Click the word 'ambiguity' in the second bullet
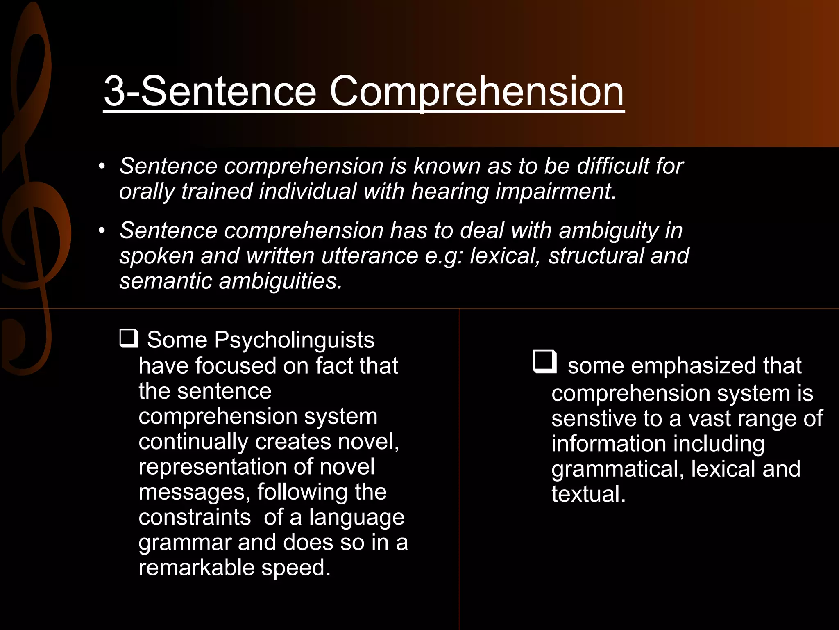click(x=608, y=231)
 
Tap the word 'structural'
click(x=596, y=256)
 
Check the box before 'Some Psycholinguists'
click(x=128, y=338)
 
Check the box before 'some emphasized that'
click(x=545, y=362)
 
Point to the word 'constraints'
click(x=195, y=517)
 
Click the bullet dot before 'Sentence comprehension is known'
click(x=102, y=167)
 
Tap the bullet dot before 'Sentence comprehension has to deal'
click(x=102, y=231)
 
